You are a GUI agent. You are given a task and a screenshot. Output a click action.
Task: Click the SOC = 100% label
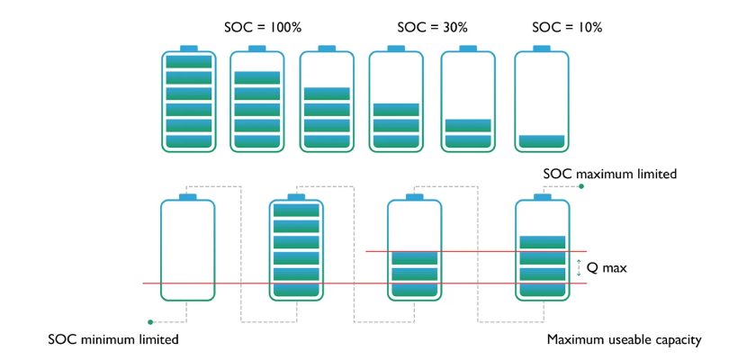(263, 28)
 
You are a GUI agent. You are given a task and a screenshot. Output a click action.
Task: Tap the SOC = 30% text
(433, 28)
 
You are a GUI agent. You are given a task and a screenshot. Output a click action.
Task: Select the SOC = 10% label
(567, 28)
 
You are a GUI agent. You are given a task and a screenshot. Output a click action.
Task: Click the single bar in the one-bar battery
(542, 141)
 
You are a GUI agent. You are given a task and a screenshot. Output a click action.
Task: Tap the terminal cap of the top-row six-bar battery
(188, 49)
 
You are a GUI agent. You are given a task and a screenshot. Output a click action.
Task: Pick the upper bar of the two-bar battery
(468, 125)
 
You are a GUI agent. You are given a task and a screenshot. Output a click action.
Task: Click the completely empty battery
(187, 250)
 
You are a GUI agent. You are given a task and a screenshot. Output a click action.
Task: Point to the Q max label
(607, 268)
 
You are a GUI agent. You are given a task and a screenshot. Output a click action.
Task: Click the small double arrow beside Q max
(579, 268)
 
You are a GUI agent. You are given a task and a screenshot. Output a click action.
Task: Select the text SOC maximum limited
(610, 174)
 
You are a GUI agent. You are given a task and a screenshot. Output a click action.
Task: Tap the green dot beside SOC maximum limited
(581, 186)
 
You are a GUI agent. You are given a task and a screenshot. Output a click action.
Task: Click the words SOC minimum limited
(113, 339)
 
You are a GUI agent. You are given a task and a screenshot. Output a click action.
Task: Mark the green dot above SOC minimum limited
(150, 322)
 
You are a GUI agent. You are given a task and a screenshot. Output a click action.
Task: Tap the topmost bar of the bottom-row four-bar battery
(543, 242)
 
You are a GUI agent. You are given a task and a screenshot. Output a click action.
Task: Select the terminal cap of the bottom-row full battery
(296, 196)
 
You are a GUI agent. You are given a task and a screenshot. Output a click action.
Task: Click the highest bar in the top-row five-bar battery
(257, 77)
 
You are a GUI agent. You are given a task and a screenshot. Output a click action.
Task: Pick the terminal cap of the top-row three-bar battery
(396, 49)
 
